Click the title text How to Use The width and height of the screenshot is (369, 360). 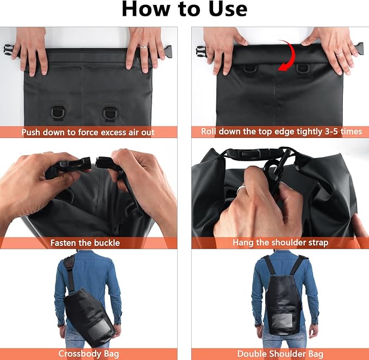click(x=184, y=10)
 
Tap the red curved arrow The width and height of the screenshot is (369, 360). click(x=287, y=55)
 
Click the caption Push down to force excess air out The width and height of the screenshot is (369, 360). click(x=88, y=132)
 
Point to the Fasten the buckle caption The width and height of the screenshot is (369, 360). click(x=85, y=243)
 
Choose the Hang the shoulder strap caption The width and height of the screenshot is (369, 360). click(x=280, y=243)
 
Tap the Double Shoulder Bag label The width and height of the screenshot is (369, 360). click(x=280, y=354)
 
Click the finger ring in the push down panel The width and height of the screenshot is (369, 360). click(x=143, y=47)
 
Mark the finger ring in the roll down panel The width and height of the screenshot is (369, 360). click(x=339, y=54)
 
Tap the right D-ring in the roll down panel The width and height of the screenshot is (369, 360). click(x=303, y=69)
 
